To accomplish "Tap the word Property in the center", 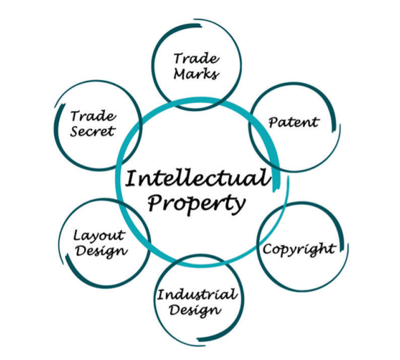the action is click(x=195, y=204).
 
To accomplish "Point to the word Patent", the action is click(x=293, y=122).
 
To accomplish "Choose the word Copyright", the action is click(x=299, y=249).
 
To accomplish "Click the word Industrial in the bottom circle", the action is click(x=197, y=295).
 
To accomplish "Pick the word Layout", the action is click(x=100, y=236).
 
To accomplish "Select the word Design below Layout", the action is click(x=101, y=251).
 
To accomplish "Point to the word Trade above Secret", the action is click(x=92, y=116).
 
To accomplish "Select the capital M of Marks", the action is click(x=180, y=74).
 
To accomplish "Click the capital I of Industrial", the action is click(x=161, y=295).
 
